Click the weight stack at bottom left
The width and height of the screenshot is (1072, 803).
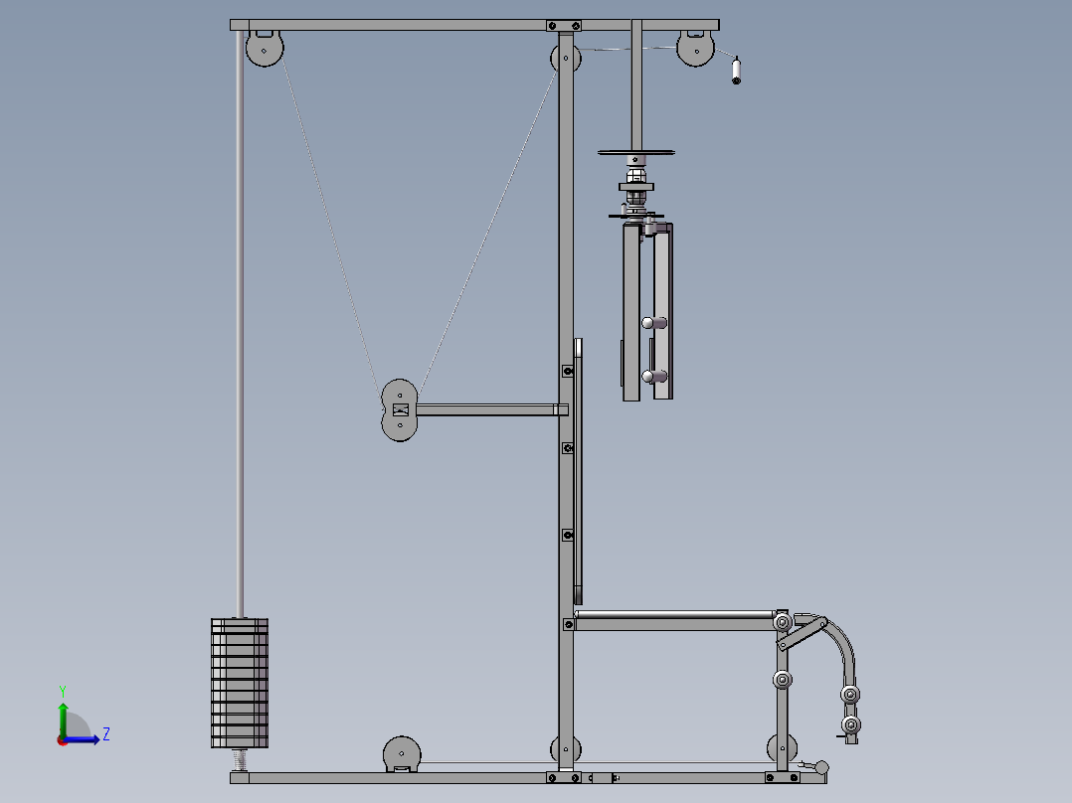(x=240, y=683)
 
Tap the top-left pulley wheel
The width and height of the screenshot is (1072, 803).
(x=265, y=49)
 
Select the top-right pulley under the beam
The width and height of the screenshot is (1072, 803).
(x=695, y=49)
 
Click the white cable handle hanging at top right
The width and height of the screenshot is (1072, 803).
(x=736, y=72)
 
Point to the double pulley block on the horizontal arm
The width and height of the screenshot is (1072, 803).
(x=400, y=410)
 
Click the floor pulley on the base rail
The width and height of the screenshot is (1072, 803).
(x=402, y=753)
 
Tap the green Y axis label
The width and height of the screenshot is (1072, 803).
(x=63, y=691)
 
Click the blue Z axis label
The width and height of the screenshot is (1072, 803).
(x=106, y=734)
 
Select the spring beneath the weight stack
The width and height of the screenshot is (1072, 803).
(x=240, y=760)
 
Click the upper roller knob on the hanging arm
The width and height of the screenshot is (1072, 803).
(x=653, y=323)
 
